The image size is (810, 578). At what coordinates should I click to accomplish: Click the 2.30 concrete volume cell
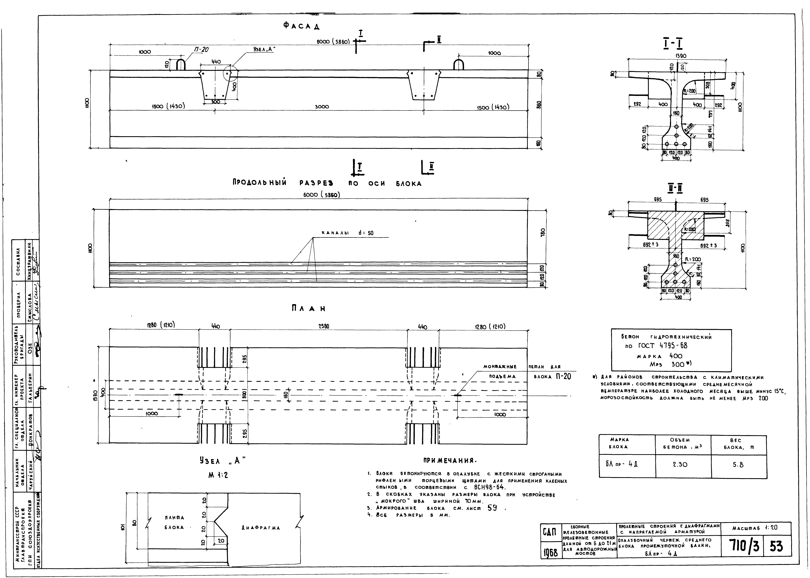(680, 464)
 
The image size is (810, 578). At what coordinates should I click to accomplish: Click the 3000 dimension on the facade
(322, 107)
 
